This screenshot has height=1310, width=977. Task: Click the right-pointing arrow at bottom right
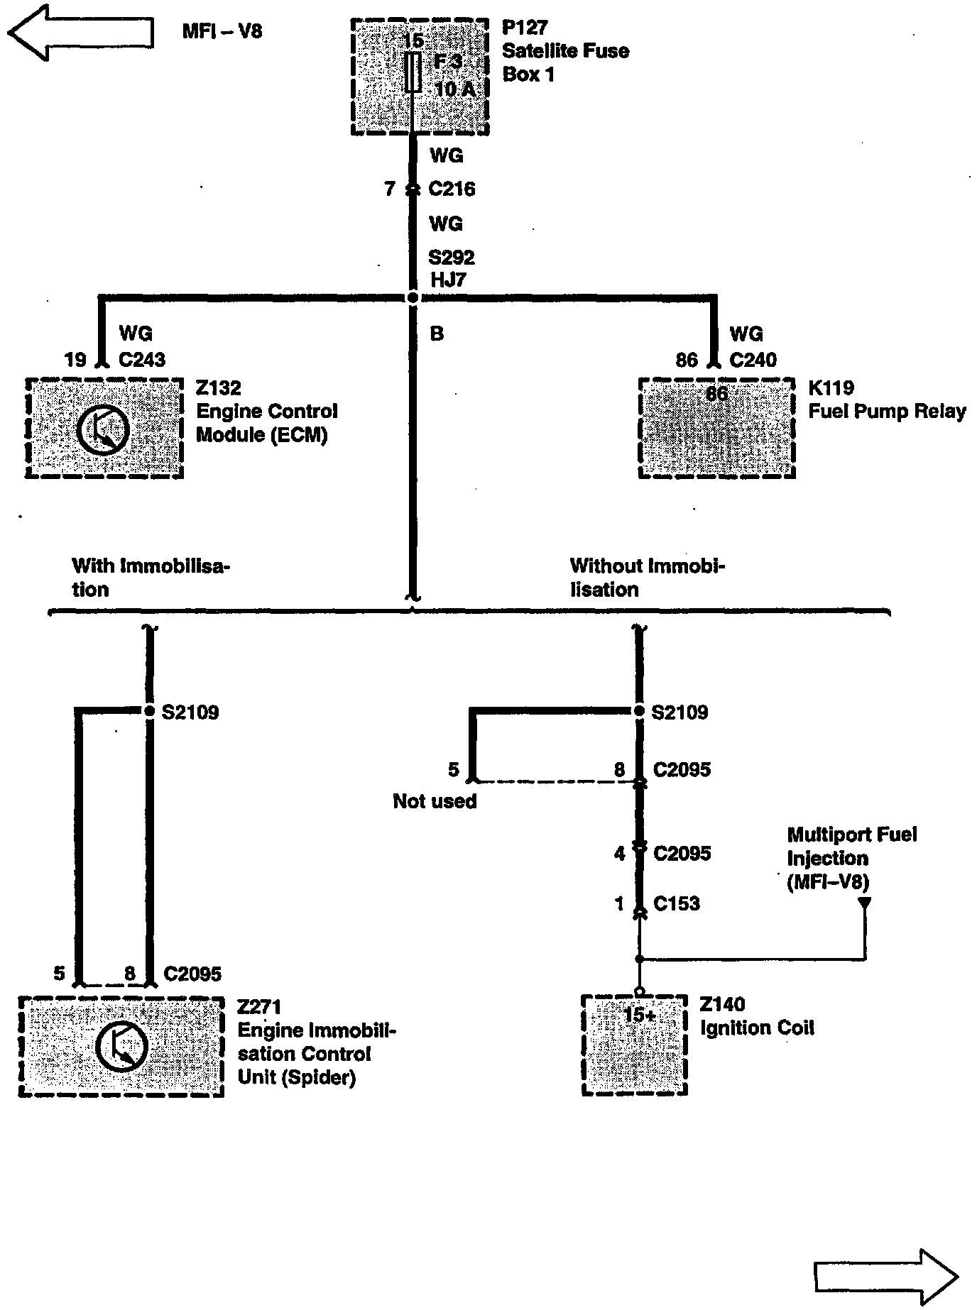tap(886, 1277)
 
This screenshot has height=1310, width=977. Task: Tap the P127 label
tap(525, 28)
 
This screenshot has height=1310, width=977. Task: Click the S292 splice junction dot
tap(413, 298)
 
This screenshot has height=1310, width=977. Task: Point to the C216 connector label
tap(452, 189)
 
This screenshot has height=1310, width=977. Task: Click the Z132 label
tap(219, 388)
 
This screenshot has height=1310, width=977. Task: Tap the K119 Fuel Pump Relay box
tap(716, 428)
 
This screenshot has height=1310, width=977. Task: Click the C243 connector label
tap(142, 360)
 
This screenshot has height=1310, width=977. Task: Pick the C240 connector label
tap(753, 360)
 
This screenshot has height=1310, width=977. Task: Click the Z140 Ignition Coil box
tap(634, 1045)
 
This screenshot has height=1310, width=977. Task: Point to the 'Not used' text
tap(435, 801)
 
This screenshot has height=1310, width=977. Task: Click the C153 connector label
tap(677, 903)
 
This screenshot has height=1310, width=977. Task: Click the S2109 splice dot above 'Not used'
tap(638, 711)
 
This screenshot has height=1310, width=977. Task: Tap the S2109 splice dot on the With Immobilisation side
tap(149, 711)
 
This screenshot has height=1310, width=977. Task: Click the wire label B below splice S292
tap(437, 334)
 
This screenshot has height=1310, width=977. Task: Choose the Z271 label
tap(259, 1006)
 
